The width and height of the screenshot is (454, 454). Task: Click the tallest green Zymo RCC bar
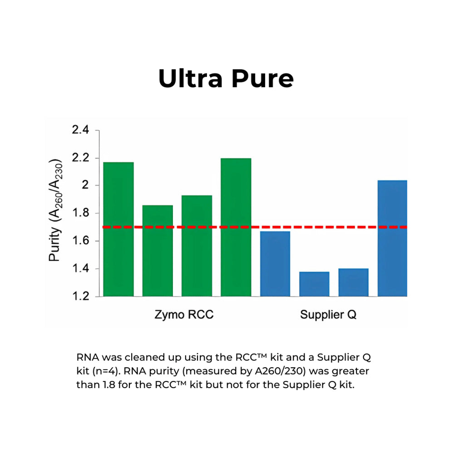(236, 227)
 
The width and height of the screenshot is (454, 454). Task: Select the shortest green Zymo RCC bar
(158, 251)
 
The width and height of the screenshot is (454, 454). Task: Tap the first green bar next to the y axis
(118, 229)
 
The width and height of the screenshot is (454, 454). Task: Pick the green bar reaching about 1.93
(197, 246)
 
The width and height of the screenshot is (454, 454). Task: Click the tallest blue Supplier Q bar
(392, 238)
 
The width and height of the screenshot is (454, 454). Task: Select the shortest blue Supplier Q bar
(314, 284)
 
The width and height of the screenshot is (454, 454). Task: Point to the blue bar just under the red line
(275, 264)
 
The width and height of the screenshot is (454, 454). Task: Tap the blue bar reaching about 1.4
(353, 282)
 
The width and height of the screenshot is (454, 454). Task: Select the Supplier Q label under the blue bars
(328, 315)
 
